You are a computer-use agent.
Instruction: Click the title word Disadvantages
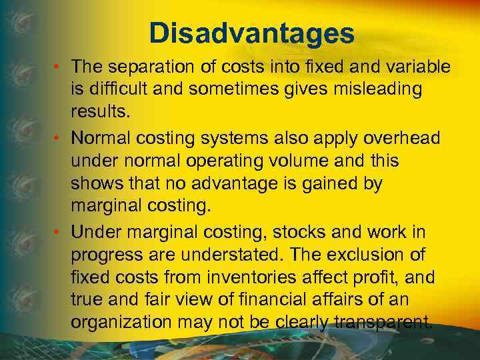(x=251, y=33)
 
